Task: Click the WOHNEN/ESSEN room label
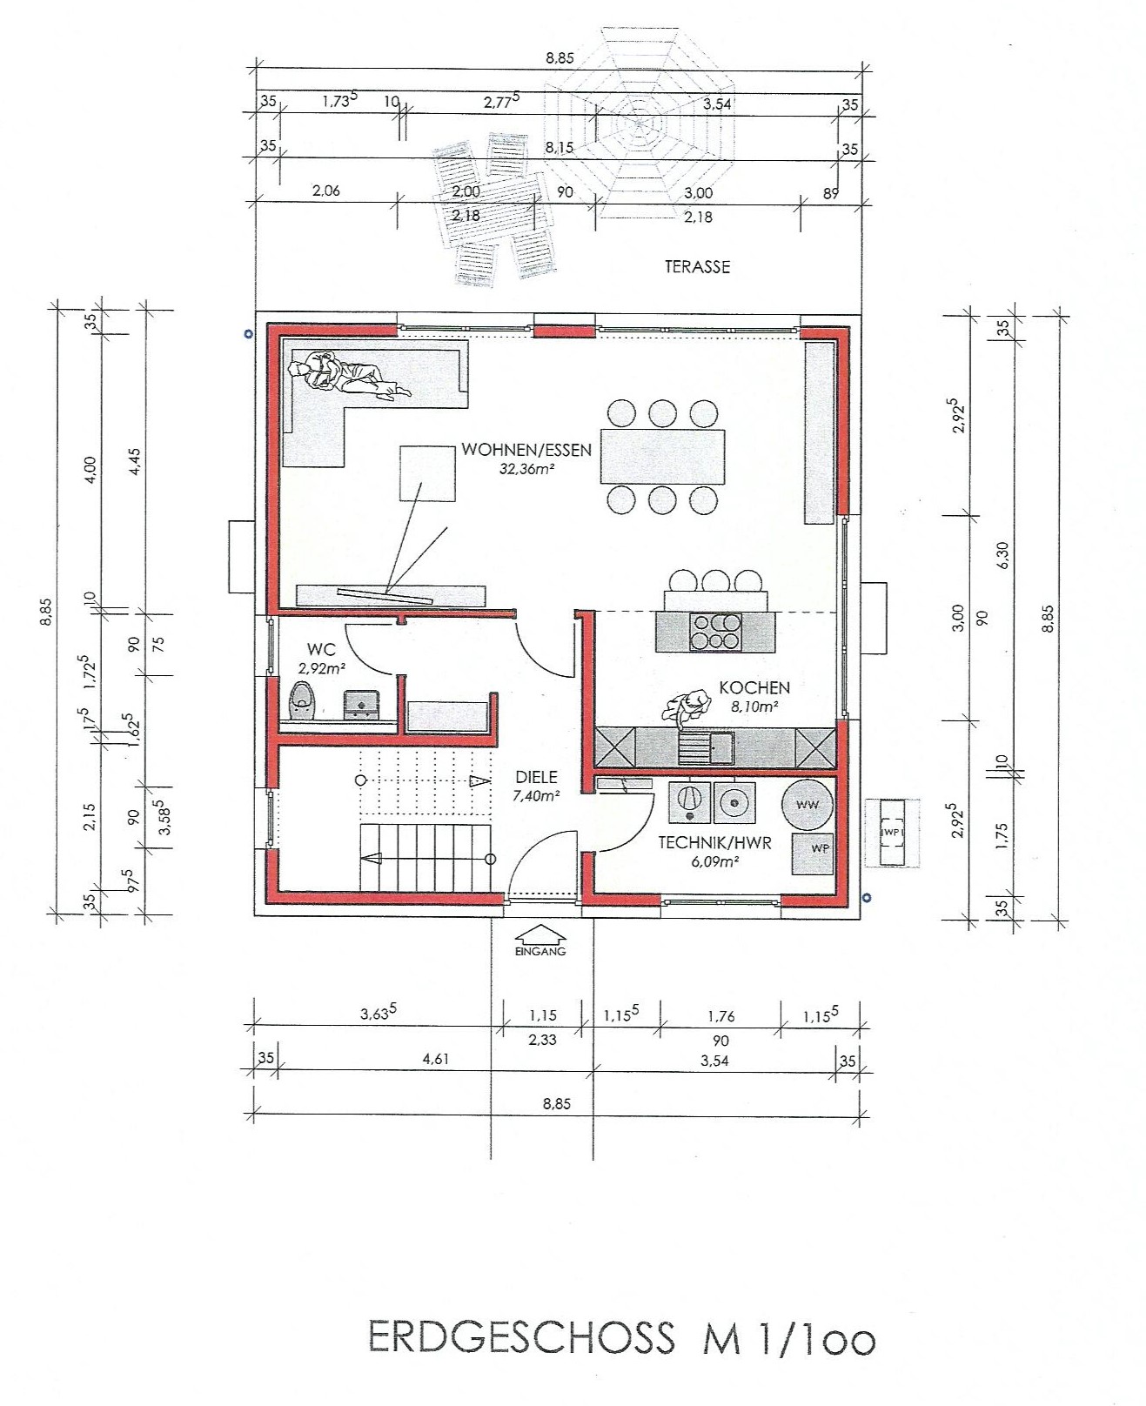[526, 450]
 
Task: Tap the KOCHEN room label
[754, 687]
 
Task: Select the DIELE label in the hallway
[536, 778]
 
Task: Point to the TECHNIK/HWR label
[715, 843]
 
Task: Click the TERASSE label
[697, 267]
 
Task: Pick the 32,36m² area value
[526, 469]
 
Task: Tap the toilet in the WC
[303, 701]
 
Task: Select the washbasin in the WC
[360, 704]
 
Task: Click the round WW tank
[808, 805]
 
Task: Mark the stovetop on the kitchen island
[714, 632]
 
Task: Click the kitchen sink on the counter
[707, 747]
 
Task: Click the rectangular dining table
[663, 457]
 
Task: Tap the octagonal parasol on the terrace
[639, 124]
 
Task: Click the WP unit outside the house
[892, 832]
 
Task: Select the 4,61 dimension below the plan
[436, 1060]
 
